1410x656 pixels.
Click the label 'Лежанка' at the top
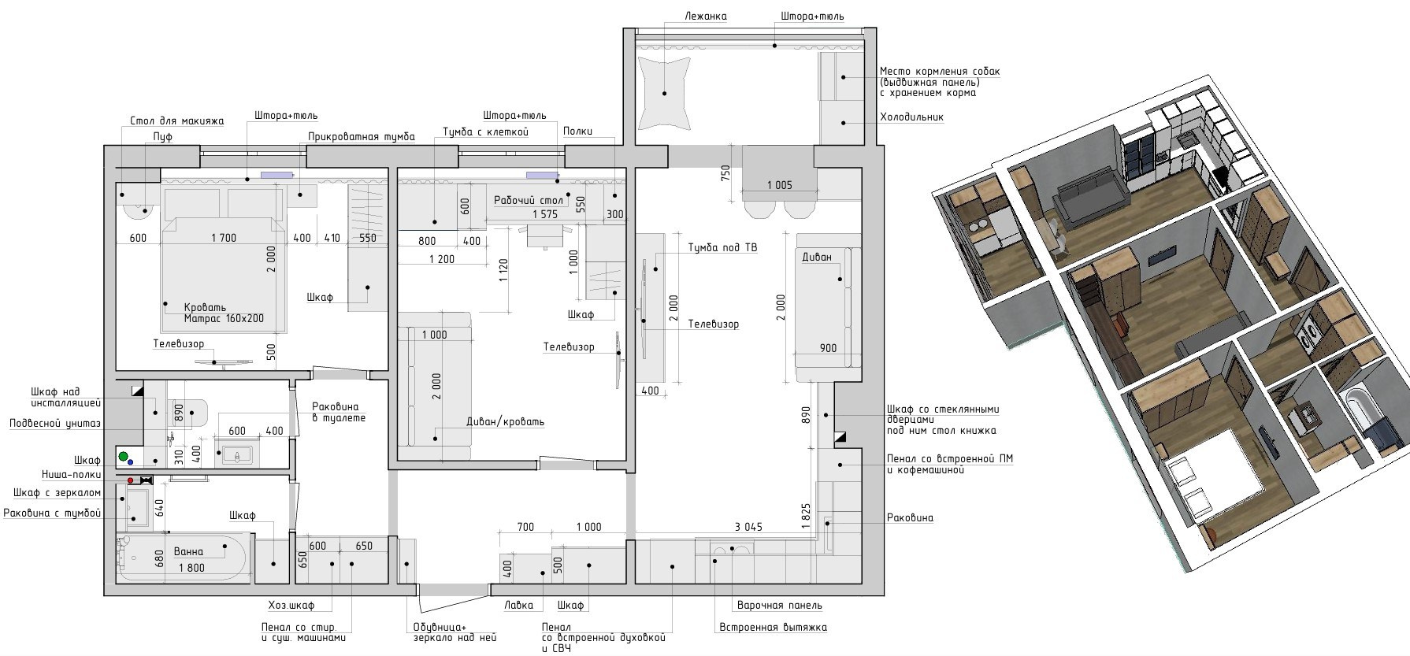click(706, 16)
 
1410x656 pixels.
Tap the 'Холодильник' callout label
click(911, 117)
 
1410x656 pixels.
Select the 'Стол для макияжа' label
click(177, 121)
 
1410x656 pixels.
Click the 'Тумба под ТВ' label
click(722, 247)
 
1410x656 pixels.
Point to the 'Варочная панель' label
click(779, 606)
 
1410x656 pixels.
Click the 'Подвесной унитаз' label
click(55, 424)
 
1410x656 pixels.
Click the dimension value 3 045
click(748, 528)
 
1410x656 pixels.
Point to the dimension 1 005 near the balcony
click(779, 185)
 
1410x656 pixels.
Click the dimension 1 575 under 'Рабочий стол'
click(544, 213)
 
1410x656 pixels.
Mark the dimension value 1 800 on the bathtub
click(191, 568)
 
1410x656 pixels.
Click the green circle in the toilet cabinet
click(123, 456)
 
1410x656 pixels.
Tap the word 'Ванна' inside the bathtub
click(188, 552)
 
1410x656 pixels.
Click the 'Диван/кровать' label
click(505, 422)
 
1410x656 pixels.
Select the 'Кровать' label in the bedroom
click(206, 307)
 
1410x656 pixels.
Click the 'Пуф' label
click(162, 137)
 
